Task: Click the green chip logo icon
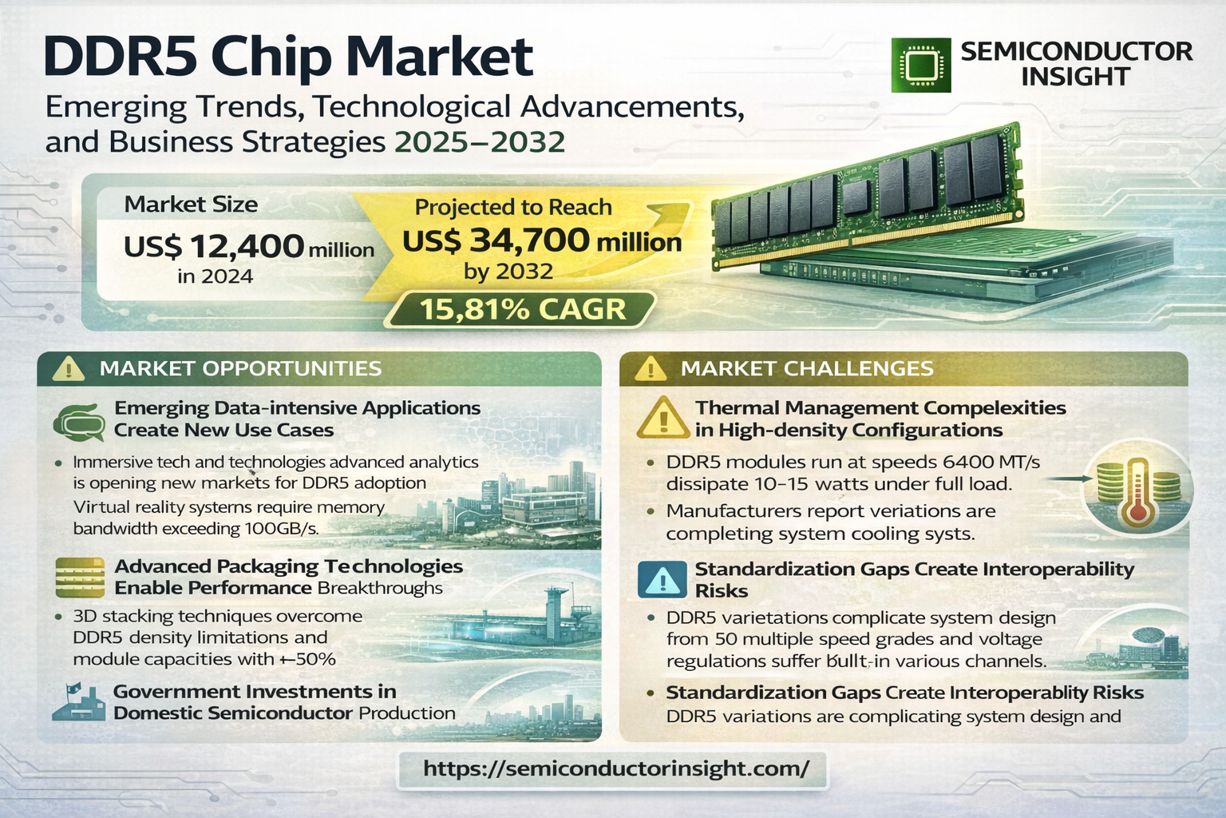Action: click(x=921, y=65)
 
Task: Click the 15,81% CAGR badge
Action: click(x=523, y=310)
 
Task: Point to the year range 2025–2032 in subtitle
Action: click(x=480, y=142)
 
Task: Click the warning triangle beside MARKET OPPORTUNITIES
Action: click(x=69, y=369)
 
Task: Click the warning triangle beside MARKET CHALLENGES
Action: click(x=651, y=369)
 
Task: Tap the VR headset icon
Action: click(x=80, y=423)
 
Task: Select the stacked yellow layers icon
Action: click(x=80, y=578)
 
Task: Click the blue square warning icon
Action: click(x=662, y=579)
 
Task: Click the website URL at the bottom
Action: click(x=615, y=768)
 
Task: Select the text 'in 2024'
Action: click(x=215, y=276)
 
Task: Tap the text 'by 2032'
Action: click(x=508, y=272)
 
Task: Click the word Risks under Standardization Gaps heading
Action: click(x=722, y=591)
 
